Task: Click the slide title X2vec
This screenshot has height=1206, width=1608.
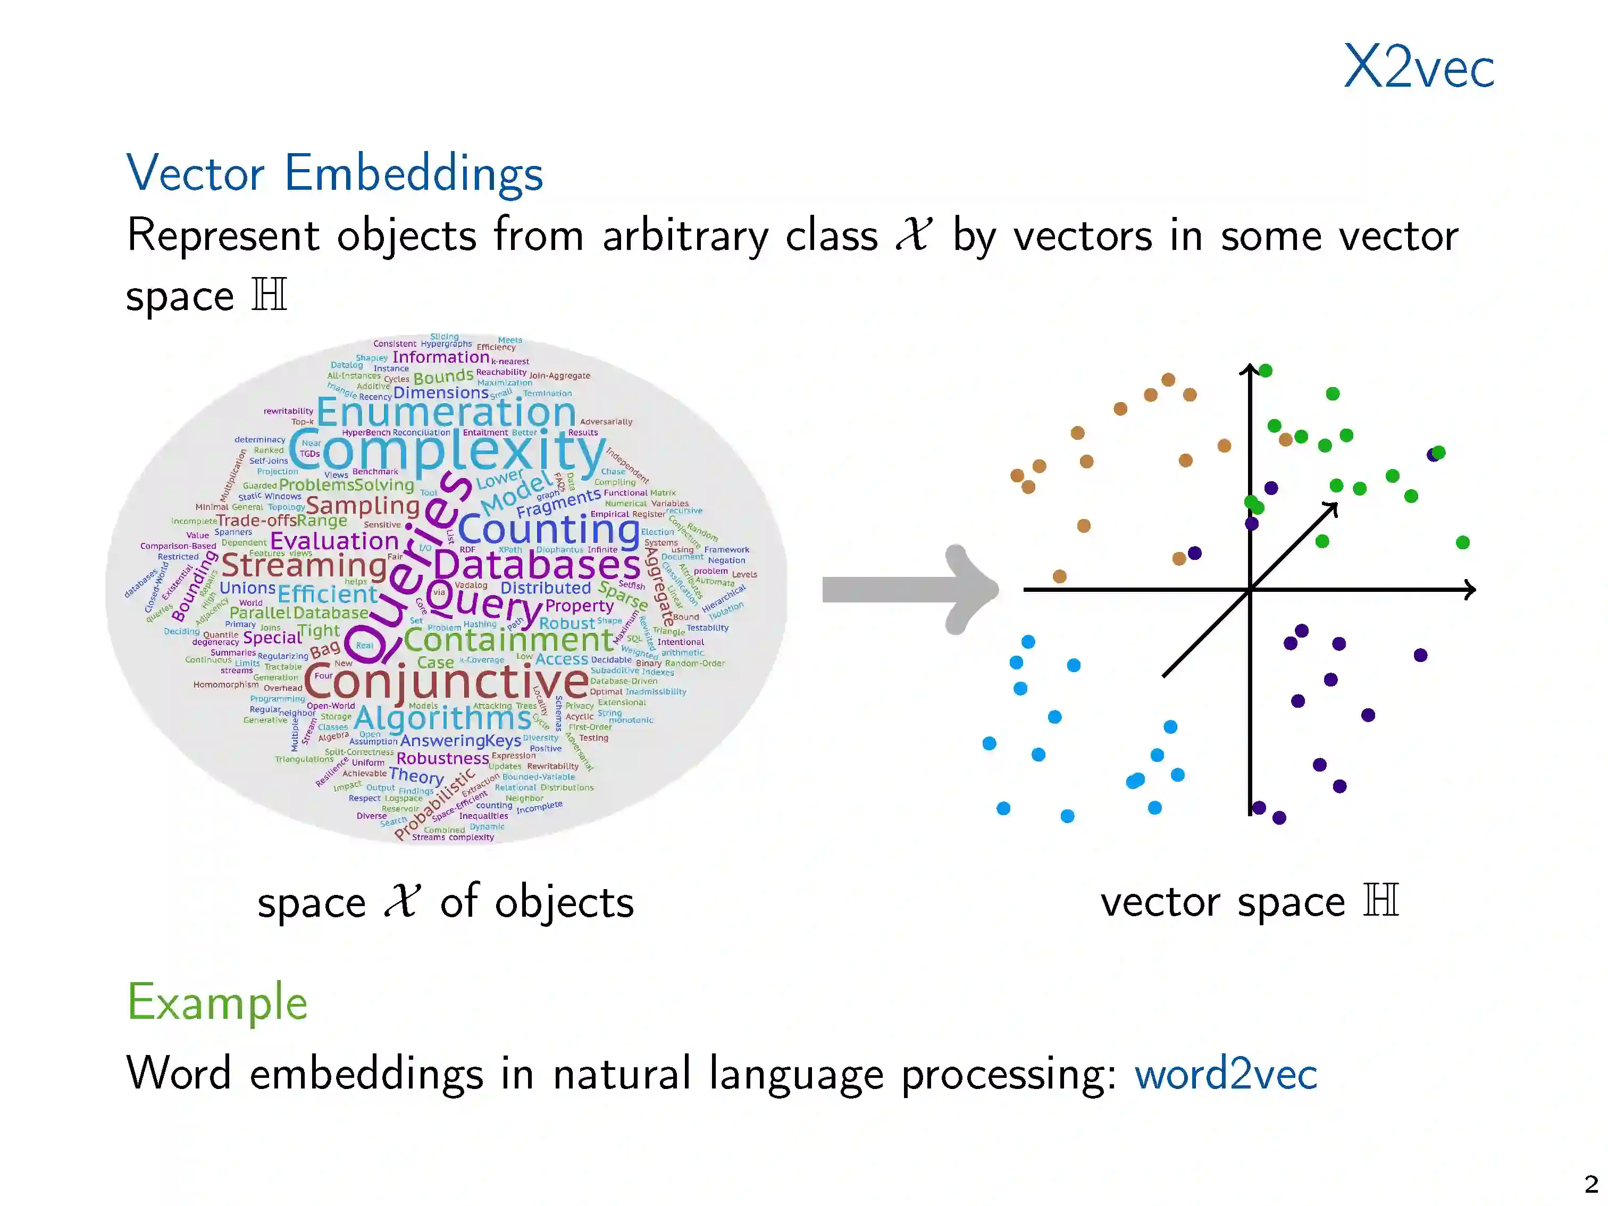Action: point(1418,67)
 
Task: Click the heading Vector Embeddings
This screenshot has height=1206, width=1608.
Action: point(334,174)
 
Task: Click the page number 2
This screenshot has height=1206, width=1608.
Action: point(1590,1184)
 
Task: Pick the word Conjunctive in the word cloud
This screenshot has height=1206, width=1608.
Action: point(446,682)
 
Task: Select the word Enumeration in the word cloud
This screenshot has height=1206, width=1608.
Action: point(446,413)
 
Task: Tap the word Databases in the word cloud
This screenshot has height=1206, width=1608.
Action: point(537,565)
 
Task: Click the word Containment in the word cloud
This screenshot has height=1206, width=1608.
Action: point(509,640)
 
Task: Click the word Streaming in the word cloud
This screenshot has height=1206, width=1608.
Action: point(304,565)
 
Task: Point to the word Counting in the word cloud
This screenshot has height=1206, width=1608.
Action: point(548,529)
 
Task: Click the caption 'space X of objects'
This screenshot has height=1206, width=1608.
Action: point(446,902)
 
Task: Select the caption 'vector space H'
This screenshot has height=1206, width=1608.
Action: point(1249,902)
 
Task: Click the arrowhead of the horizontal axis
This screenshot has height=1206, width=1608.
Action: point(1470,590)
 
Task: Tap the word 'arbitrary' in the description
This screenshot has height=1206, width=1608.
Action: point(684,236)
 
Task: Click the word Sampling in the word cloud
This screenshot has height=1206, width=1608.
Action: point(363,505)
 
